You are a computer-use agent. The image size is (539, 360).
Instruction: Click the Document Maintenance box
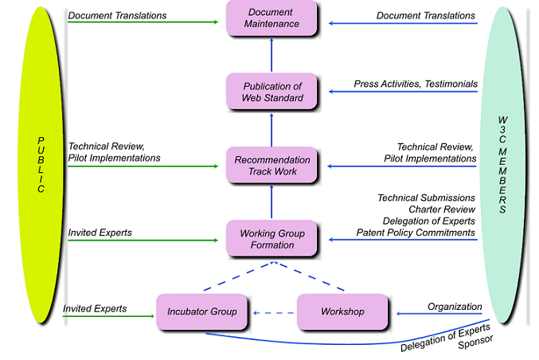tap(272, 18)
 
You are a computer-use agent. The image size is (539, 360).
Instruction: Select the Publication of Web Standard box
tap(272, 92)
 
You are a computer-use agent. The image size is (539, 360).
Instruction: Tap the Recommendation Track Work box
tap(272, 166)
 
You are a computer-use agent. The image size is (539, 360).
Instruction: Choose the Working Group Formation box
tap(272, 239)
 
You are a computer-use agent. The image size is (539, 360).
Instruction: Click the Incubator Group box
tap(201, 311)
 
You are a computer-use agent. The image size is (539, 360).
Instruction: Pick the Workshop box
tap(342, 311)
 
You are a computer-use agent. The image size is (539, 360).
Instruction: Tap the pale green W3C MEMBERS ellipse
tap(502, 166)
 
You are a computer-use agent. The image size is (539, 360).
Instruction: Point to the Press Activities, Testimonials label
tap(416, 84)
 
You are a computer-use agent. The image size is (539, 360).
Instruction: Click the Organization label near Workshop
tap(455, 307)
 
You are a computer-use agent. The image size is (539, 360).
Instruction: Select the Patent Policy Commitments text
tap(417, 233)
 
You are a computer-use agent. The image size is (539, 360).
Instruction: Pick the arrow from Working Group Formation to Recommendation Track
tap(271, 202)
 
